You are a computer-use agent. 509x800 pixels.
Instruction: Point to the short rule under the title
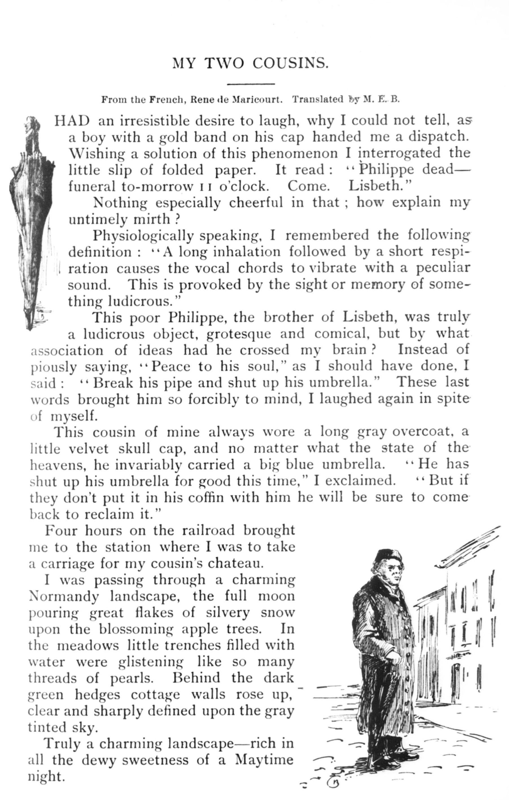[x=251, y=84]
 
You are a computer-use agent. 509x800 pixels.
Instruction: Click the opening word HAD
[x=72, y=121]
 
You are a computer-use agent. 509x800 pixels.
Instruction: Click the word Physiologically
[x=143, y=236]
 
